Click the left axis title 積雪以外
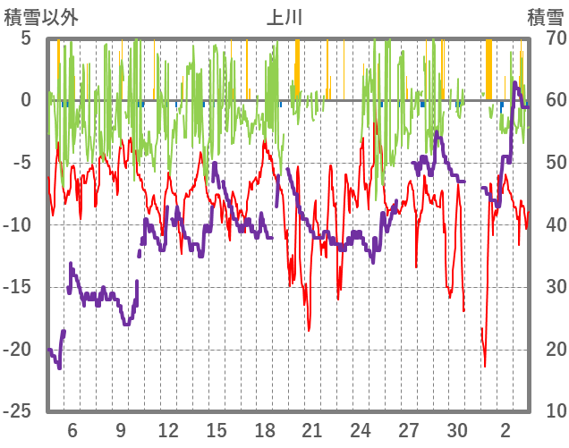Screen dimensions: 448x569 point(41,17)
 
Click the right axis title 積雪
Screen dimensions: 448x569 point(545,17)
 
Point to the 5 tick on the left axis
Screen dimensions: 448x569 point(25,38)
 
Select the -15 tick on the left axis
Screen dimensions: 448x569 point(20,287)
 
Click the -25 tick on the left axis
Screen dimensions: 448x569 point(20,411)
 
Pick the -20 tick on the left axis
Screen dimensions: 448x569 point(20,350)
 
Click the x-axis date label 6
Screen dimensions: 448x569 point(72,429)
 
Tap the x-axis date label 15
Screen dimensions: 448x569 point(217,429)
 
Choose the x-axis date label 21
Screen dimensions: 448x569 point(312,429)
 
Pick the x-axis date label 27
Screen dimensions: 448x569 point(409,429)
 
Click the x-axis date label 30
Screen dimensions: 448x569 point(457,429)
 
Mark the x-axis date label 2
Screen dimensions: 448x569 point(505,429)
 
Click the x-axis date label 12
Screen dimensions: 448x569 point(168,429)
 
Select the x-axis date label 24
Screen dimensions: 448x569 point(361,429)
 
